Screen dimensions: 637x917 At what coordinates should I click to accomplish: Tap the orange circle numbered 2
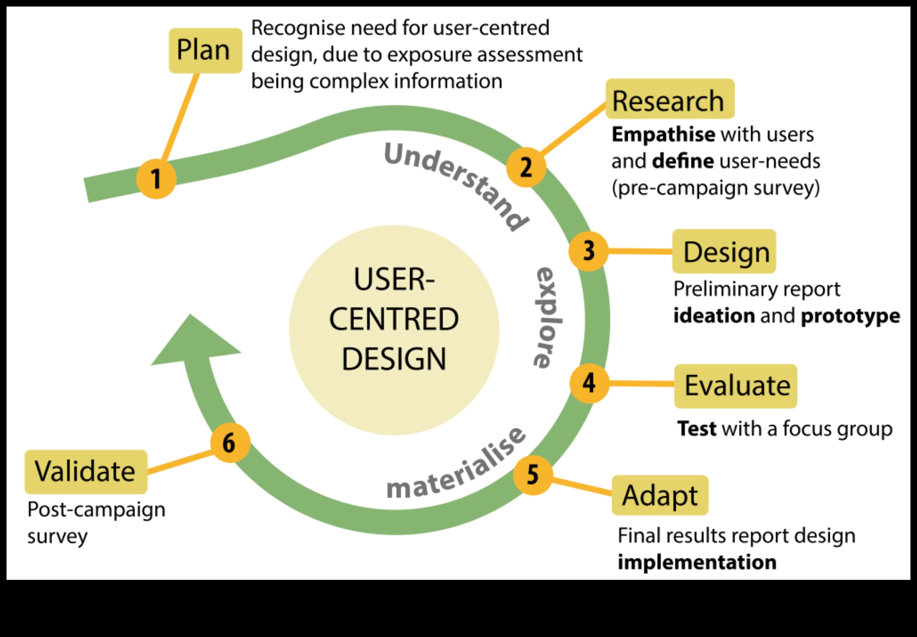pyautogui.click(x=526, y=167)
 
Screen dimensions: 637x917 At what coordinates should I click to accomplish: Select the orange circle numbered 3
pyautogui.click(x=588, y=251)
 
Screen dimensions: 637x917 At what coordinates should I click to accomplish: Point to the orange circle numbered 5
pyautogui.click(x=533, y=475)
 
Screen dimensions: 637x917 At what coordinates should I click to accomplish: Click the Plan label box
pyautogui.click(x=205, y=50)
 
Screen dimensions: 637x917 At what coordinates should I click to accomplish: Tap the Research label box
pyautogui.click(x=669, y=99)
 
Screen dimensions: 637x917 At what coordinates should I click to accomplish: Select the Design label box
pyautogui.click(x=724, y=251)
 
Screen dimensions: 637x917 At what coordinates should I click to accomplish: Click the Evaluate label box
pyautogui.click(x=735, y=386)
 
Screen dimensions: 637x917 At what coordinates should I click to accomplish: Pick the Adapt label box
pyautogui.click(x=660, y=495)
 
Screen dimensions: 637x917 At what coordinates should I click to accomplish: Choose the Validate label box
pyautogui.click(x=86, y=471)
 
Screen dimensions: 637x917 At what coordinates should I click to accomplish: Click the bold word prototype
pyautogui.click(x=850, y=316)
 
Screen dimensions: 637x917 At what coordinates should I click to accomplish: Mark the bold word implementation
pyautogui.click(x=697, y=562)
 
